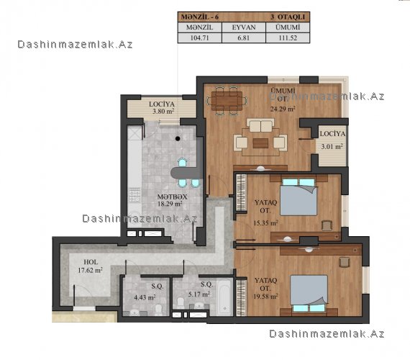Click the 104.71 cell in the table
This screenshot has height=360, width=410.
199,37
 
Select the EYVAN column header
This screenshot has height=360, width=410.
244,27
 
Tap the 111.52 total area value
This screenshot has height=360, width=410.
288,37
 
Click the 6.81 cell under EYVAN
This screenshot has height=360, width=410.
243,37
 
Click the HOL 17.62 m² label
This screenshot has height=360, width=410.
90,266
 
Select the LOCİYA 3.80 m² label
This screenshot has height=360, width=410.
162,107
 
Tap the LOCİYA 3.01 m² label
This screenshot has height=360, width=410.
332,140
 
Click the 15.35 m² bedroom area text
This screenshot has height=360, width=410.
265,223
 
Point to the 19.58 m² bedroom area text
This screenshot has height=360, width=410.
265,296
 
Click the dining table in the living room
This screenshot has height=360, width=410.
227,101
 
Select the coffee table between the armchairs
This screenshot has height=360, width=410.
260,143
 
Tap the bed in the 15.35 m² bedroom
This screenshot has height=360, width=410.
299,197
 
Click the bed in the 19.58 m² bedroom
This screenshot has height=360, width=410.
309,294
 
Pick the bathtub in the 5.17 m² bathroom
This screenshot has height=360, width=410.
224,297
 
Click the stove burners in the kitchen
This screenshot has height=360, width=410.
135,195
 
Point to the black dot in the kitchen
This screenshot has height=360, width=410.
178,138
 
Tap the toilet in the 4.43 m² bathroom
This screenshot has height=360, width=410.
158,310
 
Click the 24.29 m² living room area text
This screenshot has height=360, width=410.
283,109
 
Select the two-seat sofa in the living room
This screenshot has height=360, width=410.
260,125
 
